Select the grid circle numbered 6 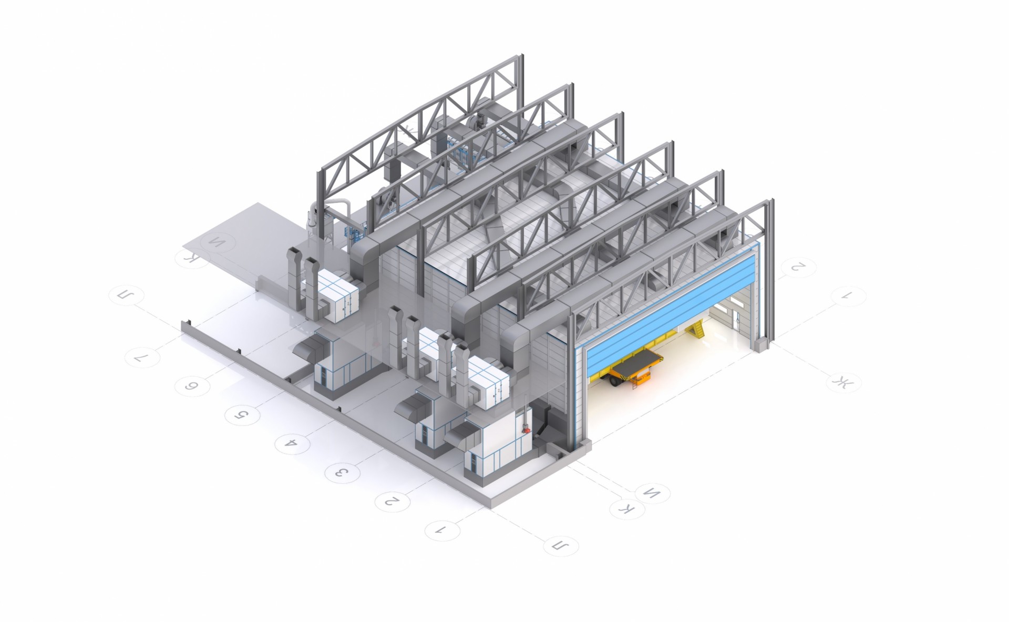(x=192, y=386)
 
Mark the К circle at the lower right (x=627, y=508)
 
